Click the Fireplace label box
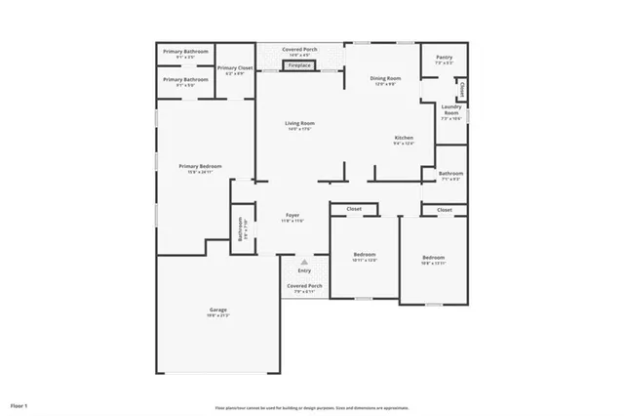[298, 65]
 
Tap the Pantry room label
[444, 58]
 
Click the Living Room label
[299, 123]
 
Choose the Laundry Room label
[450, 109]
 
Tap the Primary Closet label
[235, 68]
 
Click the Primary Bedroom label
[200, 166]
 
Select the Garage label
[216, 310]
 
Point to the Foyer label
[292, 215]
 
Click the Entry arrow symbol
[304, 262]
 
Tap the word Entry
[304, 270]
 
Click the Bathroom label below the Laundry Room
[450, 173]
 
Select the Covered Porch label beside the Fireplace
[299, 49]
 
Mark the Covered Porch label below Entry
[304, 286]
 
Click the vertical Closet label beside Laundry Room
[462, 91]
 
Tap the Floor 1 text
[19, 404]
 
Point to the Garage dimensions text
[216, 315]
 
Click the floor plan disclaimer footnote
[312, 407]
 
